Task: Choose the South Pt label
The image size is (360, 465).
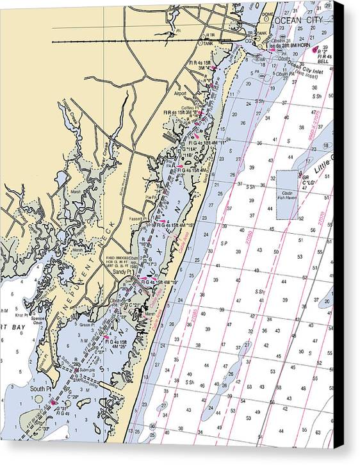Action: point(40,388)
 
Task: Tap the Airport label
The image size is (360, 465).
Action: point(181,94)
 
